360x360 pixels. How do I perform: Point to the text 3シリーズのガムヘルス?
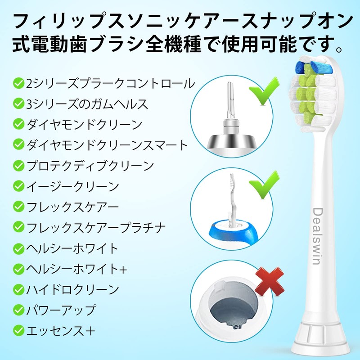[x=87, y=103]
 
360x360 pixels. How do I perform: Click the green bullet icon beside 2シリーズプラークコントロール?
[x=18, y=83]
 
